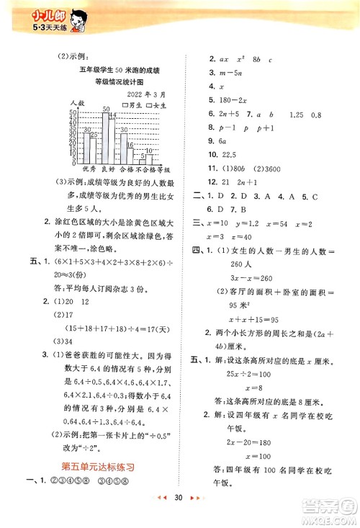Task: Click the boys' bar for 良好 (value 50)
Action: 105,139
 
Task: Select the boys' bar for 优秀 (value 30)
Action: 87,149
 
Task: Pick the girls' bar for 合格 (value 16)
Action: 130,155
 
